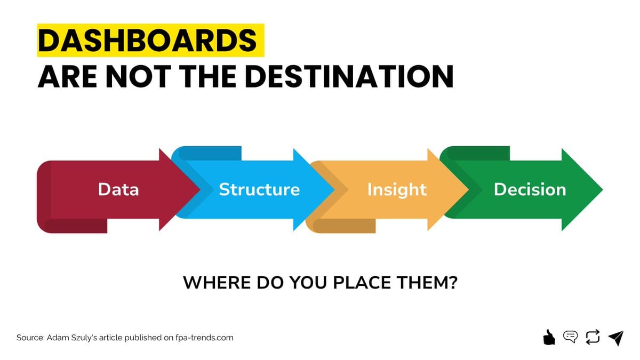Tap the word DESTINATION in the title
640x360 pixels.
click(351, 77)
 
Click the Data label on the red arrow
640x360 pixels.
click(118, 189)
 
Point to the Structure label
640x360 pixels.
click(259, 189)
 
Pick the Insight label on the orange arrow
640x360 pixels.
click(397, 189)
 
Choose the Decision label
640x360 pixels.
click(530, 189)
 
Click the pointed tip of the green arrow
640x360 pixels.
click(601, 189)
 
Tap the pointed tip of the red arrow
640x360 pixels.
click(198, 189)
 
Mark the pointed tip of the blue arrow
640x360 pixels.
click(333, 189)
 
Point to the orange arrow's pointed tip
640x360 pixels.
click(467, 189)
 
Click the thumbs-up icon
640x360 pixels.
click(548, 337)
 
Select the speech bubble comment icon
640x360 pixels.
click(570, 337)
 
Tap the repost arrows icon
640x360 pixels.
click(593, 337)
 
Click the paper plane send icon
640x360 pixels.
click(615, 338)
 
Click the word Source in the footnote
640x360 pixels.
click(30, 338)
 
